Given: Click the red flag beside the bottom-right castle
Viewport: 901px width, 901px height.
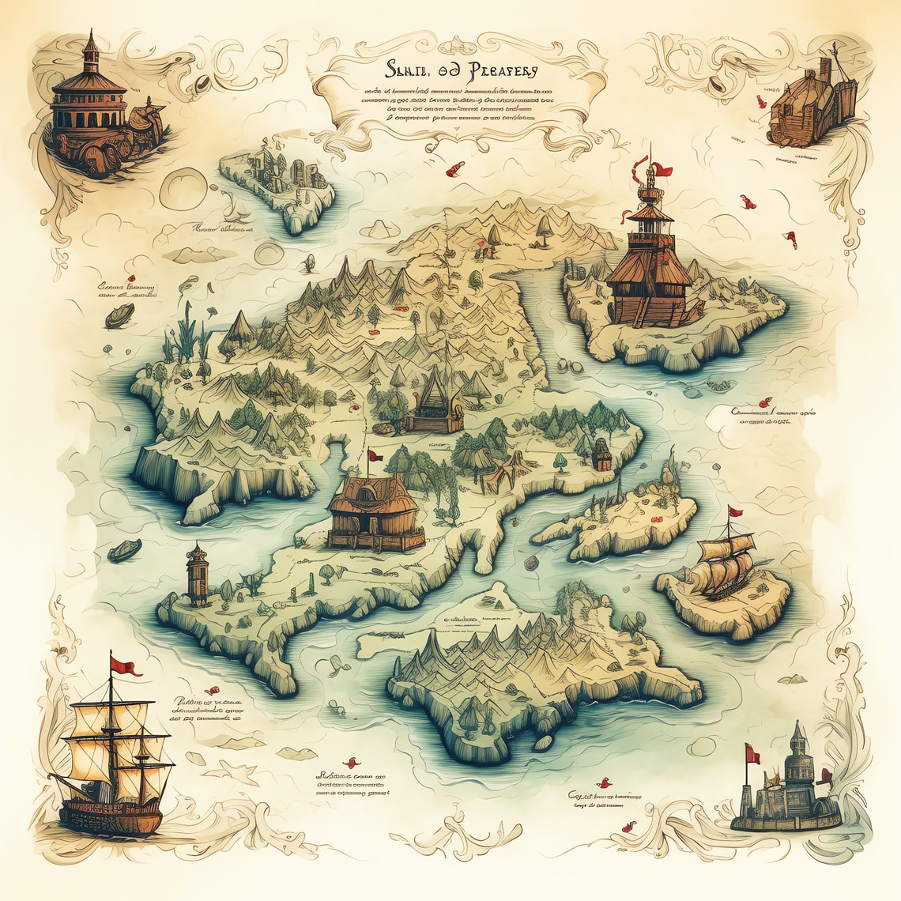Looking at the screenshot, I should (x=752, y=756).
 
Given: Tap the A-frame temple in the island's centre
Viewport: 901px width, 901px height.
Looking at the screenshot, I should (x=434, y=403).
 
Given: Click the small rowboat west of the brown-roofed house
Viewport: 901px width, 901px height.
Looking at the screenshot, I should (x=125, y=550).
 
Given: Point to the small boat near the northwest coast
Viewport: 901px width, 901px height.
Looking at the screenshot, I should (x=120, y=316).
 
